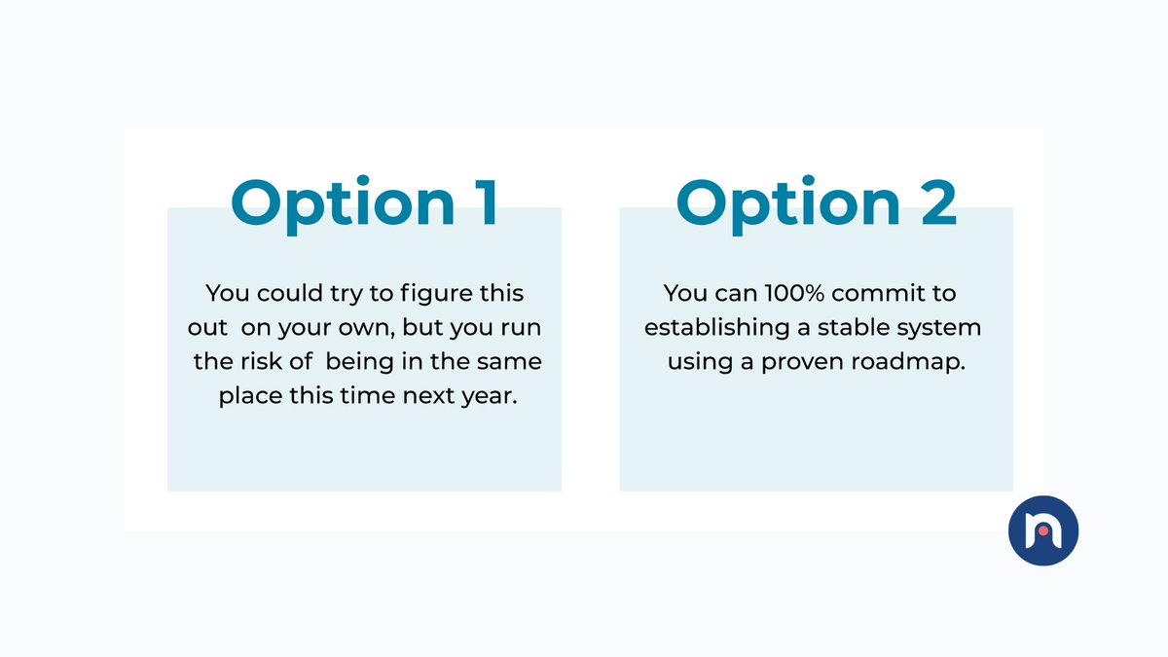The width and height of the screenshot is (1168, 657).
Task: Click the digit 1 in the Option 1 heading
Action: [x=480, y=202]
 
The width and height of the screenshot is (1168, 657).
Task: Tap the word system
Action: [x=942, y=328]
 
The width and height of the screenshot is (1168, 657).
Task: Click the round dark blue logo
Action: [x=1043, y=529]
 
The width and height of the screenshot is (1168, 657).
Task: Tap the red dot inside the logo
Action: [x=1043, y=531]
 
